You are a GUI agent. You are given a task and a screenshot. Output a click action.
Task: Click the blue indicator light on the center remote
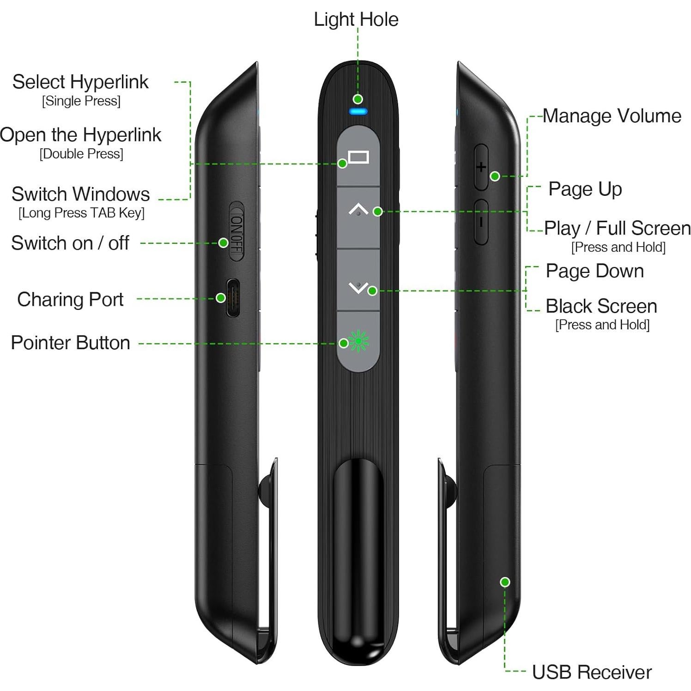(x=358, y=111)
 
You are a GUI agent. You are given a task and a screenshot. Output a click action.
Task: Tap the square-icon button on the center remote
(x=358, y=158)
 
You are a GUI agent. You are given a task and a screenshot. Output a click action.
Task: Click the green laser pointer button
(x=358, y=341)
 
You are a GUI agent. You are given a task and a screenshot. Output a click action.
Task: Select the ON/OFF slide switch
(x=236, y=231)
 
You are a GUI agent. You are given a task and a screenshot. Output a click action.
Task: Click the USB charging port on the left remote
(x=233, y=298)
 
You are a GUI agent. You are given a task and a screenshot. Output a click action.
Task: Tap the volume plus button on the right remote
(x=481, y=167)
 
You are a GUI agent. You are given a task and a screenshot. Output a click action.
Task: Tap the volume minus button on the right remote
(x=481, y=222)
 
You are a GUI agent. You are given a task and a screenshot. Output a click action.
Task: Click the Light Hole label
(x=356, y=19)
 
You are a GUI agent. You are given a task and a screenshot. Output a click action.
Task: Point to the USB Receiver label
(x=591, y=672)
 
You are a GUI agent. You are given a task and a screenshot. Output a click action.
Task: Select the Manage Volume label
(x=612, y=116)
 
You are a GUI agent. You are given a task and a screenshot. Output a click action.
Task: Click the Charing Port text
(x=70, y=299)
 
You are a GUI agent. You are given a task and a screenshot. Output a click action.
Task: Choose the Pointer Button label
(x=70, y=343)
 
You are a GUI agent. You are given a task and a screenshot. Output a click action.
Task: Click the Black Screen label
(x=601, y=306)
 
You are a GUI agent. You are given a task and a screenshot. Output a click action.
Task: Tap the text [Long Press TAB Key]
(x=81, y=213)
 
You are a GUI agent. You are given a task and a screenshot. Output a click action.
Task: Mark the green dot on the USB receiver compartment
(x=505, y=582)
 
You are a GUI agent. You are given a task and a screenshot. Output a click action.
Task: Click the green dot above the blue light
(x=358, y=99)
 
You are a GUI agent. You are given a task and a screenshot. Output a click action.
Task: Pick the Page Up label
(x=585, y=189)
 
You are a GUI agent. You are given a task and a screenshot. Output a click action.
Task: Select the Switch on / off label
(x=70, y=243)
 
